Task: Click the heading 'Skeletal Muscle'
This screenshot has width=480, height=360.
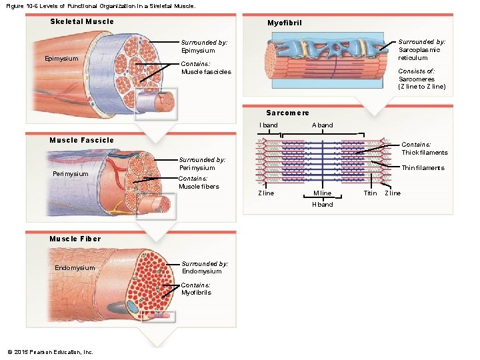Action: point(82,21)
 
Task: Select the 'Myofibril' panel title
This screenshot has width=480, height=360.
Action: point(285,23)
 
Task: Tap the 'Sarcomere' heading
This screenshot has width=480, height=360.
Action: point(287,113)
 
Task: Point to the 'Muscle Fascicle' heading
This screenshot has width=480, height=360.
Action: point(81,140)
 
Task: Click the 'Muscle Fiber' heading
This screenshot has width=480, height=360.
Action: point(75,239)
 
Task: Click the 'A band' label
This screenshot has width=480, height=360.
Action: point(322,125)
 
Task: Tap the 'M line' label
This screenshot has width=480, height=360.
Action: point(322,193)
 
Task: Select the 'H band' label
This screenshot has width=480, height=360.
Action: point(322,204)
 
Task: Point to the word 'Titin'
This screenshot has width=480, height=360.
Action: point(370,193)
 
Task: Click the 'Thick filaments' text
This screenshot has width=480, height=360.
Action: point(424,153)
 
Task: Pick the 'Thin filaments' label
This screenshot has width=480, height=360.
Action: point(423,168)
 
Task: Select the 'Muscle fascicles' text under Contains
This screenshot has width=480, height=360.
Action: point(206,72)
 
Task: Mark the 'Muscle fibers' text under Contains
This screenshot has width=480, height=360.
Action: point(199,187)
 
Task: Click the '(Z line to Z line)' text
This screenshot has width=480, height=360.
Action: point(422,87)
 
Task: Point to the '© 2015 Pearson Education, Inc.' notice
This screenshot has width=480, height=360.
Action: point(50,352)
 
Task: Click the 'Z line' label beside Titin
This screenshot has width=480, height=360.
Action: point(393,193)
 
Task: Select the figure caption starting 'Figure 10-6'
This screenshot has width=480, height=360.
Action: point(100,5)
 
